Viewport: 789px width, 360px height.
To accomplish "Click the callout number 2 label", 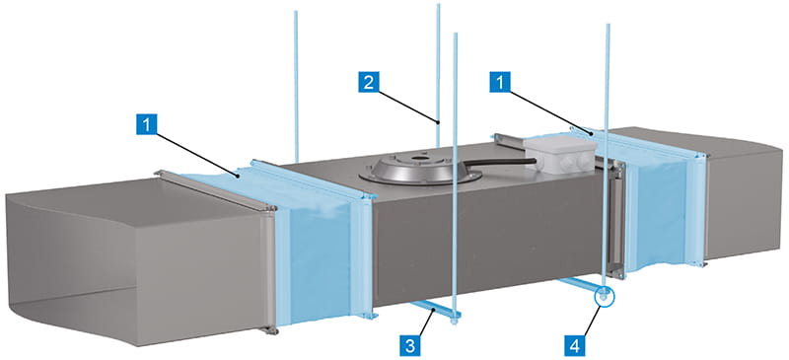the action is pyautogui.click(x=369, y=82).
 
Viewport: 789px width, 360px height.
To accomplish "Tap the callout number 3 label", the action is pyautogui.click(x=410, y=346).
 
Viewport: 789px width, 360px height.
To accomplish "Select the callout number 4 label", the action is pyautogui.click(x=575, y=346).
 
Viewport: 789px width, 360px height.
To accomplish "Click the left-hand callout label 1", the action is pyautogui.click(x=146, y=124).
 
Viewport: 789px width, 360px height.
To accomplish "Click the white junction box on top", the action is pyautogui.click(x=559, y=155).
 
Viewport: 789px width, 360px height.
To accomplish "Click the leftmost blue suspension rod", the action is pyautogui.click(x=297, y=86).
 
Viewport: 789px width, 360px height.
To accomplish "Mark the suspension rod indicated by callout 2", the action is pyautogui.click(x=438, y=75).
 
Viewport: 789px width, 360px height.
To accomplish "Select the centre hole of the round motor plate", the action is pyautogui.click(x=417, y=159).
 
